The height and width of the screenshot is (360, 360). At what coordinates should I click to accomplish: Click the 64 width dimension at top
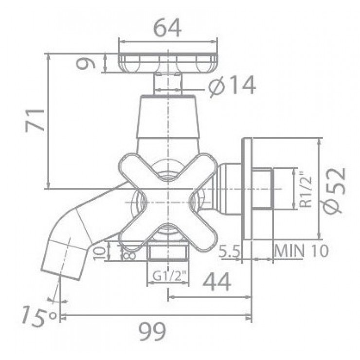click(x=167, y=29)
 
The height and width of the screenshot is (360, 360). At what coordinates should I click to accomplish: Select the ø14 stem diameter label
click(x=232, y=87)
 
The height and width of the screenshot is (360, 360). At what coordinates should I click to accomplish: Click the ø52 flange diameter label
click(x=335, y=189)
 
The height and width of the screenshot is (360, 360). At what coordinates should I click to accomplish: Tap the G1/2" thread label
click(x=168, y=276)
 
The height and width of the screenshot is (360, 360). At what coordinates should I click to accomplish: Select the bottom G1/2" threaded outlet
click(x=168, y=253)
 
